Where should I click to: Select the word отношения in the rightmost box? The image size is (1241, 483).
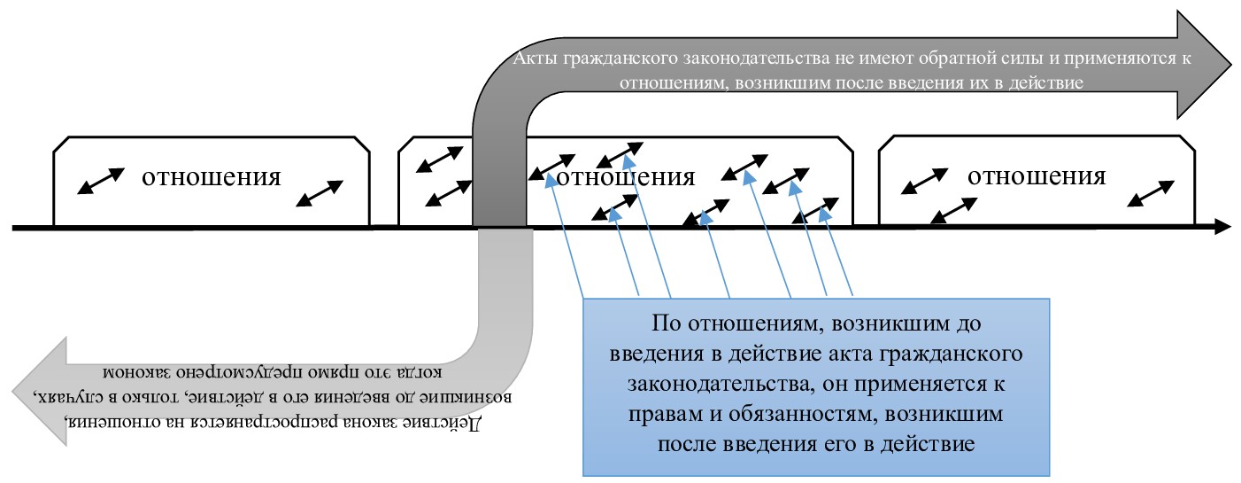pyautogui.click(x=1037, y=175)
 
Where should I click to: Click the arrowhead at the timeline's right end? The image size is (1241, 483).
pyautogui.click(x=1222, y=227)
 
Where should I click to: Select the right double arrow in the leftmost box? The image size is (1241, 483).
pyautogui.click(x=319, y=192)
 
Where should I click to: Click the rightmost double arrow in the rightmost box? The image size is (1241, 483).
pyautogui.click(x=1152, y=191)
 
